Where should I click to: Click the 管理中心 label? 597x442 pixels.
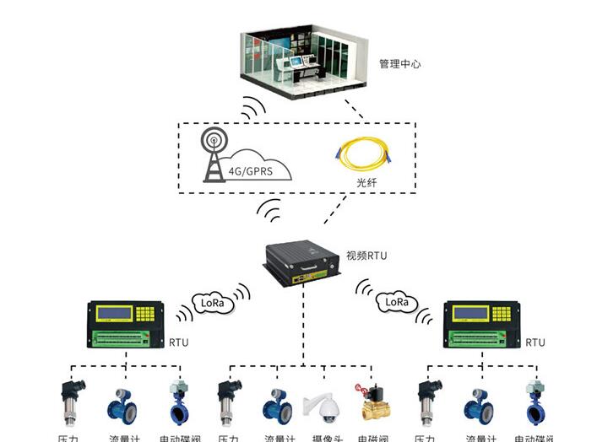(x=399, y=64)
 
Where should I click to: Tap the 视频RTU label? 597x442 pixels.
(x=366, y=255)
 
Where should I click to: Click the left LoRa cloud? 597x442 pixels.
(x=210, y=301)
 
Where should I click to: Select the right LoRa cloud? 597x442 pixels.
(x=396, y=301)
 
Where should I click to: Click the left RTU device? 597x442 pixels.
(x=126, y=326)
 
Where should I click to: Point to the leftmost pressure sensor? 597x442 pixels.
(x=70, y=402)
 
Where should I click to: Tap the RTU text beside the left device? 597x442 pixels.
(x=179, y=342)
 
